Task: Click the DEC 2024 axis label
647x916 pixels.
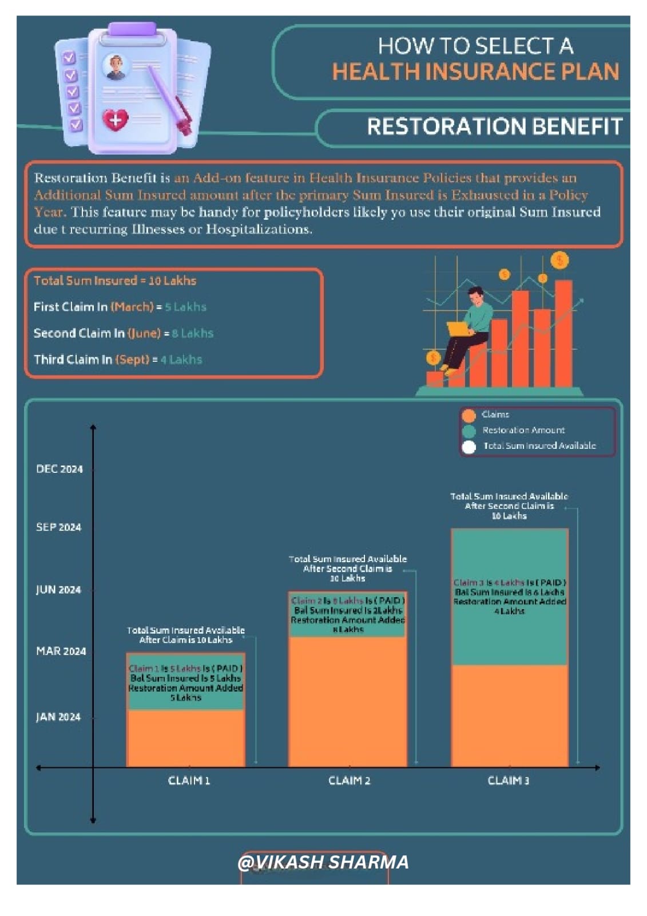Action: [59, 469]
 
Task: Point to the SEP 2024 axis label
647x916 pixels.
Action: [58, 527]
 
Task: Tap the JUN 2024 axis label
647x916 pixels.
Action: [58, 590]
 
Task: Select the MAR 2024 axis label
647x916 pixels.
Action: [61, 651]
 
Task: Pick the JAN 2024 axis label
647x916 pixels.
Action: [58, 717]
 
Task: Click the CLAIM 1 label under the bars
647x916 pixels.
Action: [189, 780]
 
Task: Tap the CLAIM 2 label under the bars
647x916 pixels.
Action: [349, 780]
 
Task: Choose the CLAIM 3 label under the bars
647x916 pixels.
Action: [508, 780]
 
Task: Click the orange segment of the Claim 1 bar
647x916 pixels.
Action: [186, 739]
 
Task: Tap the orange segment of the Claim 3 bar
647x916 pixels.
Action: [510, 716]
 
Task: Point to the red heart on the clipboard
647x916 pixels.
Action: [115, 120]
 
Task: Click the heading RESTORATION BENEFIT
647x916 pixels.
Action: [494, 127]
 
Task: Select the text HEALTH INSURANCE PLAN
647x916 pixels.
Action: [475, 72]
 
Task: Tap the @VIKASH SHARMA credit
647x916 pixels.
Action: [323, 862]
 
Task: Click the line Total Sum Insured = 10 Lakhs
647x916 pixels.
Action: [115, 281]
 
